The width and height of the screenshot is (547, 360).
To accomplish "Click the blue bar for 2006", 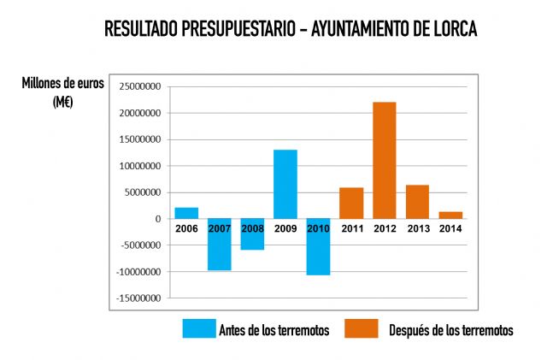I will (x=186, y=213).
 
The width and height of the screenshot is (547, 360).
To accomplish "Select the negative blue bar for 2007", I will (x=220, y=249).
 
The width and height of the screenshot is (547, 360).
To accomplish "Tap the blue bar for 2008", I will (x=252, y=240).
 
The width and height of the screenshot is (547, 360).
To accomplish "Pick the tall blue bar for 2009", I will (x=285, y=184).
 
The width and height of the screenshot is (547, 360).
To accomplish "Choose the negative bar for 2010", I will (x=318, y=251).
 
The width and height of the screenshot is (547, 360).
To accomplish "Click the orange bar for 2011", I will (x=351, y=203).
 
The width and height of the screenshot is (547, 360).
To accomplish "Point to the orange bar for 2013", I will (x=417, y=202).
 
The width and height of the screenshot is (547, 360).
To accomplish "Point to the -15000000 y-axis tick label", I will (x=140, y=298).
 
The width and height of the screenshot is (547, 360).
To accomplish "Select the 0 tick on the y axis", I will (x=159, y=219).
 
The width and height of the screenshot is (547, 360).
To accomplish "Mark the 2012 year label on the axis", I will (x=384, y=228).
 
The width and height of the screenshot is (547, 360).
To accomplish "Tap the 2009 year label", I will (x=285, y=228).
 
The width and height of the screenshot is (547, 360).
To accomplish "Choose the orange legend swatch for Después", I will (x=360, y=329).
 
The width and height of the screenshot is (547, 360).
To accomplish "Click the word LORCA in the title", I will (x=447, y=29).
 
